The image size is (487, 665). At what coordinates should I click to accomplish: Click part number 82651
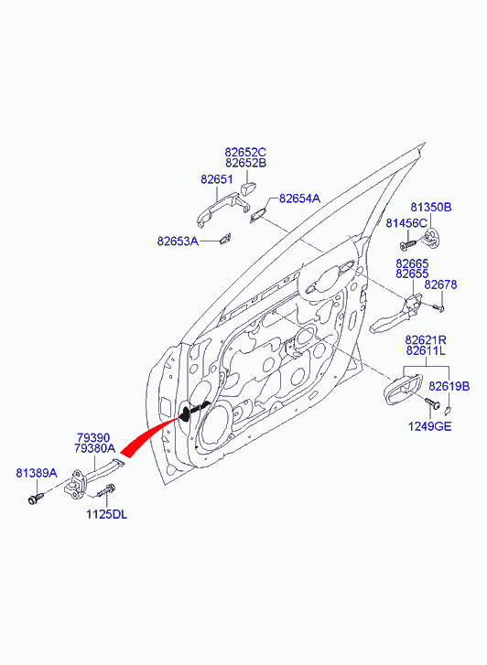pyautogui.click(x=217, y=179)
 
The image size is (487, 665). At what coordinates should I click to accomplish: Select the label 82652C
pyautogui.click(x=245, y=152)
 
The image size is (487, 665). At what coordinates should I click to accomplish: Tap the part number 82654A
pyautogui.click(x=299, y=198)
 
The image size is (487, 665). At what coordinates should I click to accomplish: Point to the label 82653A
pyautogui.click(x=178, y=241)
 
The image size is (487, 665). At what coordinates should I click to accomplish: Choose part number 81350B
pyautogui.click(x=430, y=208)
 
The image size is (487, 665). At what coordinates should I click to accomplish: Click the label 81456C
pyautogui.click(x=406, y=223)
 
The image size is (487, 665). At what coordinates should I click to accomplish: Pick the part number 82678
pyautogui.click(x=440, y=284)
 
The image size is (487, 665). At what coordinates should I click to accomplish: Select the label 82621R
pyautogui.click(x=426, y=340)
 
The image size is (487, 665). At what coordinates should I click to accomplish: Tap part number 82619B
pyautogui.click(x=449, y=386)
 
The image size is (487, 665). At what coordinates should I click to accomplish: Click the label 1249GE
pyautogui.click(x=429, y=426)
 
